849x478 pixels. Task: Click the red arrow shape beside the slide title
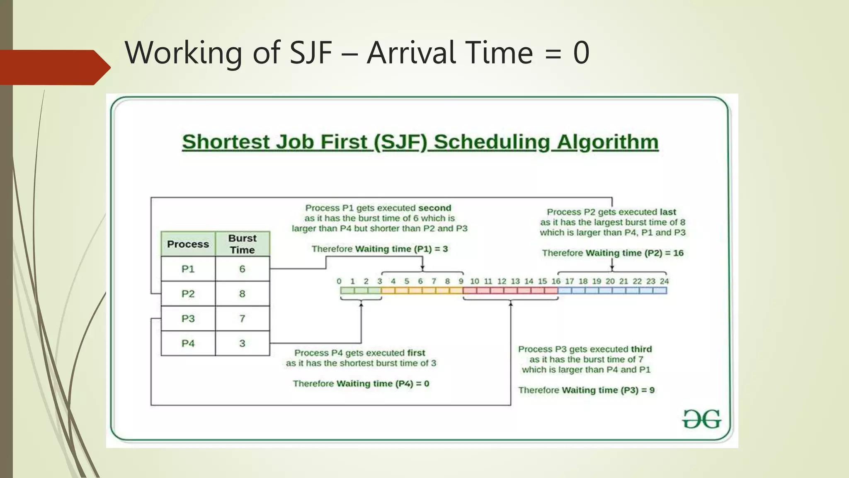pyautogui.click(x=54, y=67)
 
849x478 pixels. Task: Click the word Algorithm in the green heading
pyautogui.click(x=607, y=142)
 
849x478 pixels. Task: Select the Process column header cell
pyautogui.click(x=188, y=244)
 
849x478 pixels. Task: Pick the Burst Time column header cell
pyautogui.click(x=243, y=244)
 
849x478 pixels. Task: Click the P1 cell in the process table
pyautogui.click(x=188, y=269)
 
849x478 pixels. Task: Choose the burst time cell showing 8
pyautogui.click(x=243, y=294)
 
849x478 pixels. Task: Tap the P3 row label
pyautogui.click(x=188, y=319)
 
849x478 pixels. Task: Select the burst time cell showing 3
pyautogui.click(x=243, y=344)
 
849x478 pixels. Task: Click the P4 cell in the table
pyautogui.click(x=188, y=344)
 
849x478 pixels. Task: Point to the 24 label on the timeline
pyautogui.click(x=664, y=281)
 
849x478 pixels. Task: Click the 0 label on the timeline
pyautogui.click(x=339, y=281)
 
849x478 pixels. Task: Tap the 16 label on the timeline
pyautogui.click(x=556, y=281)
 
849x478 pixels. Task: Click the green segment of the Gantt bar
pyautogui.click(x=361, y=290)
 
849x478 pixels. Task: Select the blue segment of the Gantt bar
pyautogui.click(x=612, y=290)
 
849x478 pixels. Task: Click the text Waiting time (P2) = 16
pyautogui.click(x=634, y=253)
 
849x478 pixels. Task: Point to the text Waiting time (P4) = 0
pyautogui.click(x=382, y=384)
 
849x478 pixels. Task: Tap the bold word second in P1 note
pyautogui.click(x=434, y=208)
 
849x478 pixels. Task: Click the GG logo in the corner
pyautogui.click(x=701, y=419)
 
